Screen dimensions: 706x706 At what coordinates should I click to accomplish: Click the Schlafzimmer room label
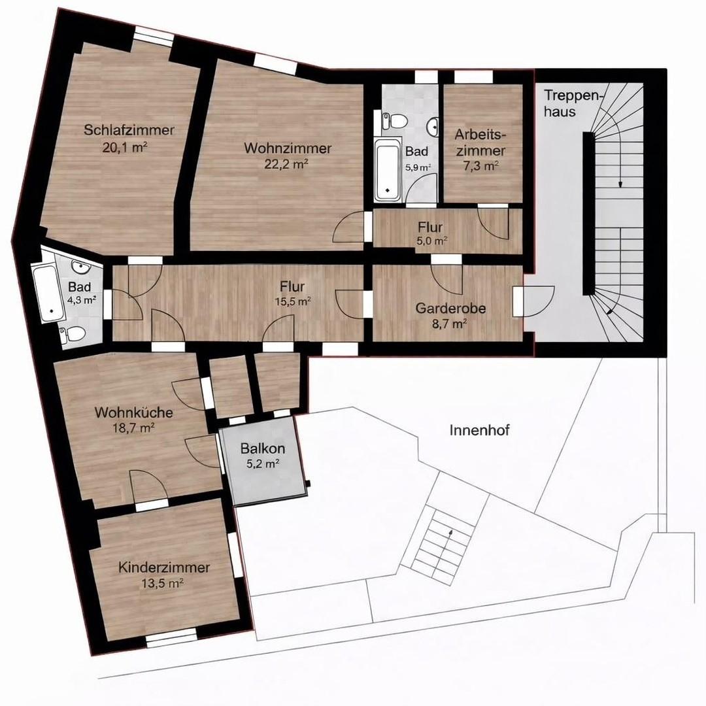129,130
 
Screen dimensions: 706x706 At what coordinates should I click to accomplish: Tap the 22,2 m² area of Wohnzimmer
287,163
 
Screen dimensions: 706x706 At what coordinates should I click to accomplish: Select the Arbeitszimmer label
480,142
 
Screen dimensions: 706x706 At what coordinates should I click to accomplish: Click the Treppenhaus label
562,103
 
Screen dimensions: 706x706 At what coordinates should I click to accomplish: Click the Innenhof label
479,430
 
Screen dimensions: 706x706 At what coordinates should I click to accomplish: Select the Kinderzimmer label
164,567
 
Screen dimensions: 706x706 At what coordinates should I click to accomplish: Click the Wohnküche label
133,413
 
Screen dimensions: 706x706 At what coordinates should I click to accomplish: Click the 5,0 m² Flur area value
432,241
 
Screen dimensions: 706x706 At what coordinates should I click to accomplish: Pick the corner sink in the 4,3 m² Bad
79,266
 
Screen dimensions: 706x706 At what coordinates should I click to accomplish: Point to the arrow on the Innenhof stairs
450,535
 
